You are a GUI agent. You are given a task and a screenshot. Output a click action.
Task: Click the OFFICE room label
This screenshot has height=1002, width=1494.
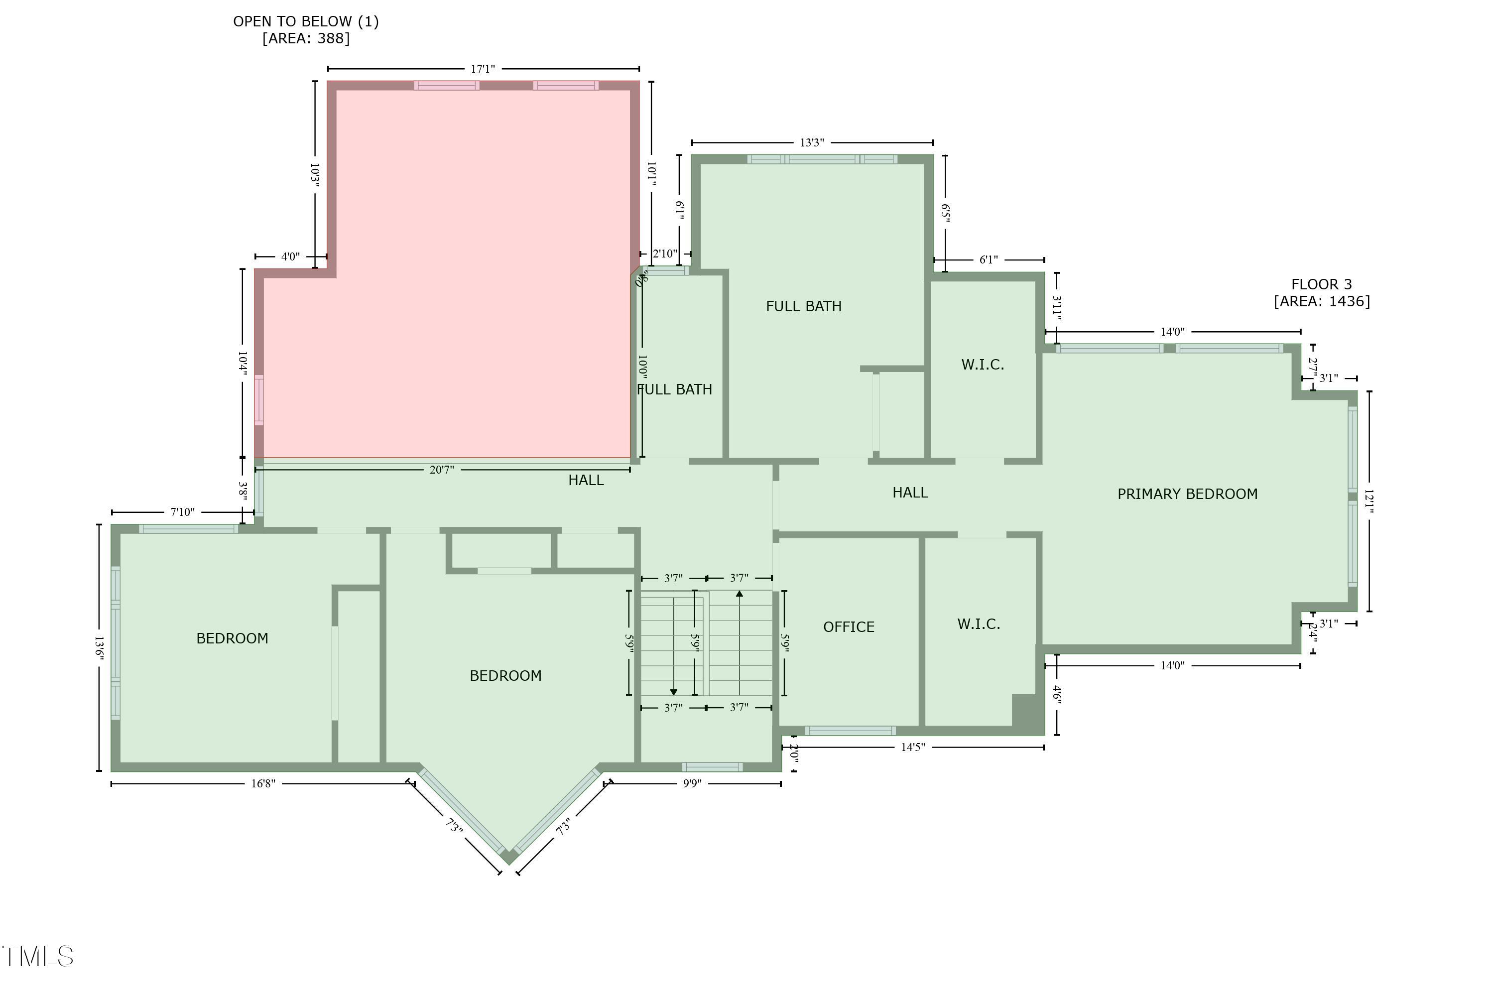[x=848, y=627]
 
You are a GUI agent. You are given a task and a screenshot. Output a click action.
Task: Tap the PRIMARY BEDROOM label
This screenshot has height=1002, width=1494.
[x=1187, y=494]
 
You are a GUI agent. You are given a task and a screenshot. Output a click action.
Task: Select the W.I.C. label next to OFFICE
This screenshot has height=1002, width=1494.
[x=978, y=625]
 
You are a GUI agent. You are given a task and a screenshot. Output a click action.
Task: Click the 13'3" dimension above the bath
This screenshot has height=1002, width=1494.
[x=812, y=142]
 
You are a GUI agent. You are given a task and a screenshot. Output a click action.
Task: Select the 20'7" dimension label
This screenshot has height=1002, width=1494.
[x=442, y=470]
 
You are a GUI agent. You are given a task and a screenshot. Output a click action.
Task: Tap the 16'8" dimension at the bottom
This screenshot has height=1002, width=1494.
[x=262, y=783]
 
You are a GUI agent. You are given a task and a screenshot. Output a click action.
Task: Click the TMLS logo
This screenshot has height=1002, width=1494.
[x=38, y=957]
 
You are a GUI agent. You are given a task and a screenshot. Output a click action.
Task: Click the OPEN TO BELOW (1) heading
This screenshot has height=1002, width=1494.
[x=305, y=22]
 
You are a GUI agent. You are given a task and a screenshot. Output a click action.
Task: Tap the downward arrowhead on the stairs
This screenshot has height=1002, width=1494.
[x=673, y=692]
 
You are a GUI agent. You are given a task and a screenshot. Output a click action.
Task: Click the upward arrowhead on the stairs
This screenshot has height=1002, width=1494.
[x=740, y=594]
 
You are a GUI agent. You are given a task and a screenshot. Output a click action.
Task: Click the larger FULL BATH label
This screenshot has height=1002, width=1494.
[x=803, y=306]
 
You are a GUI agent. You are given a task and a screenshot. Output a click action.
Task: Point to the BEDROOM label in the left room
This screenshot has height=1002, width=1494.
[x=232, y=638]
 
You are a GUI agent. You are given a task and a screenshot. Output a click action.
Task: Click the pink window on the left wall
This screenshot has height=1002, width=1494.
[x=259, y=400]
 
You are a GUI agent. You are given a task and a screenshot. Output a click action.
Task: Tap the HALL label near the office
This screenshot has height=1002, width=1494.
[x=909, y=493]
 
